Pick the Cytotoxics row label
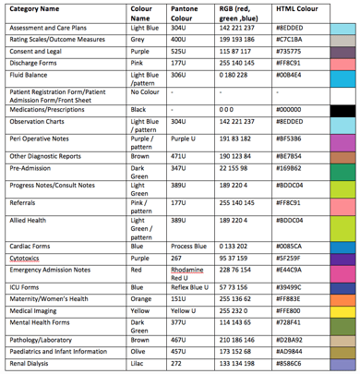30,234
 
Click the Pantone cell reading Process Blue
188,222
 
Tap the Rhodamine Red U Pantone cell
191,247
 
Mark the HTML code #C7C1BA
293,41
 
